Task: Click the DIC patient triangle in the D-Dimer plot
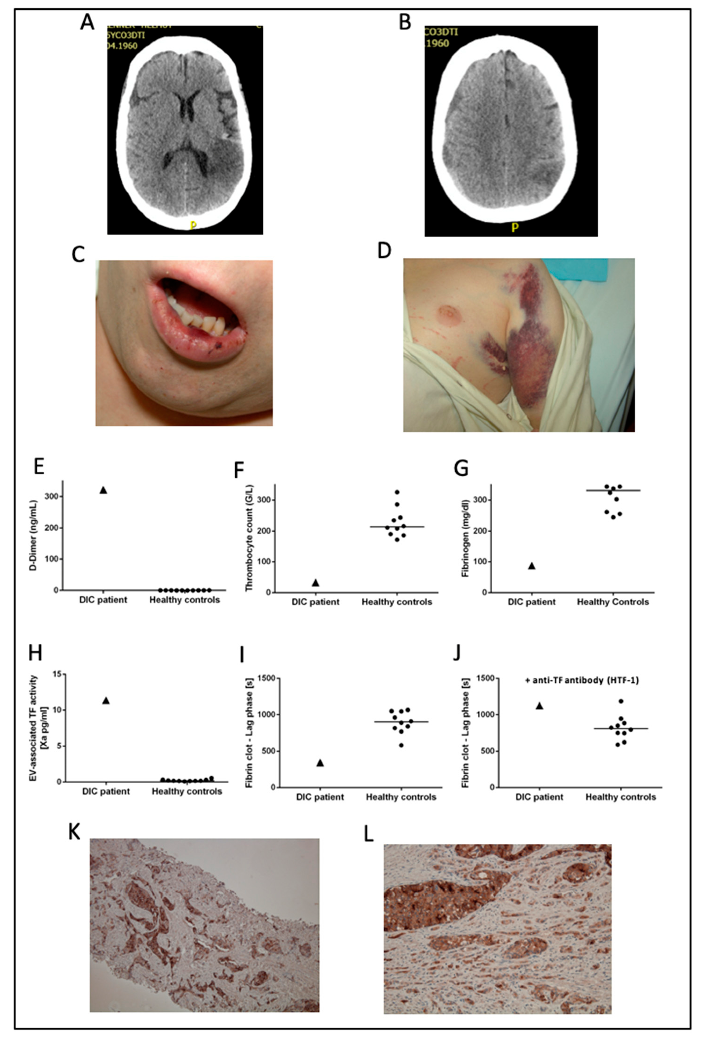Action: (103, 490)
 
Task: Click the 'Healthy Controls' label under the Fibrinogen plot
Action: (612, 602)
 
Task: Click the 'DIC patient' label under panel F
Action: (316, 602)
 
